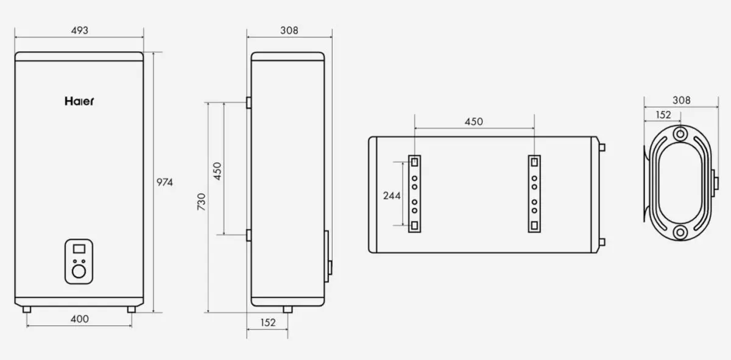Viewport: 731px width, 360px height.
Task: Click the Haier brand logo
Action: (x=79, y=102)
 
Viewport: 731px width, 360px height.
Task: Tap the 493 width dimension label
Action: (x=79, y=31)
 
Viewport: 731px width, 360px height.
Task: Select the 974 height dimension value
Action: (x=165, y=182)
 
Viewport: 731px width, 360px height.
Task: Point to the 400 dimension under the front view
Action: (x=79, y=319)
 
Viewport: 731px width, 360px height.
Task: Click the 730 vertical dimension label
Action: (x=202, y=201)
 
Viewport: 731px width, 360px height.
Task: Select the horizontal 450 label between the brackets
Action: (x=473, y=121)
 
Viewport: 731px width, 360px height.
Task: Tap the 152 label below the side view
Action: (x=267, y=322)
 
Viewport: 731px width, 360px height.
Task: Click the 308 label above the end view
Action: (x=681, y=101)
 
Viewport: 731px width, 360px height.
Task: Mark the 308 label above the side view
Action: (x=289, y=31)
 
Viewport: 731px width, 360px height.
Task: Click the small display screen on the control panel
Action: (x=79, y=249)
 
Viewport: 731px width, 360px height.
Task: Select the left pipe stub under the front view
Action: (x=27, y=309)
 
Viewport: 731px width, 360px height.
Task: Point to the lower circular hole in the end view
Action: (x=679, y=232)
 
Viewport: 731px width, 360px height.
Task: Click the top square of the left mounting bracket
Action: (x=414, y=162)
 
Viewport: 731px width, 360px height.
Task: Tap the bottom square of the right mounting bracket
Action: (x=534, y=226)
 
